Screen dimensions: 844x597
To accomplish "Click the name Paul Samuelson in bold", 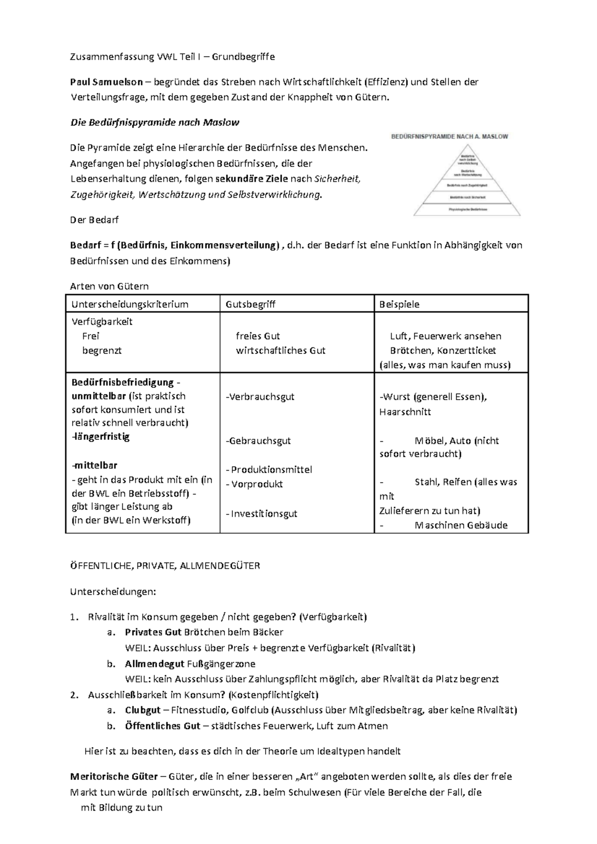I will click(x=106, y=82).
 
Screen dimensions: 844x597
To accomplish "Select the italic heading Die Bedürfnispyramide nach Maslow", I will click(x=155, y=122).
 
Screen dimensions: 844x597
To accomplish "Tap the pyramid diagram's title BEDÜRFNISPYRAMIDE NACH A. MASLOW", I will click(x=450, y=136).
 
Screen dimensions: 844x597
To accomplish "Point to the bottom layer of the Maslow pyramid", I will click(x=467, y=210).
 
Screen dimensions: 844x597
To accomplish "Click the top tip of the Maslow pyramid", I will click(x=467, y=149).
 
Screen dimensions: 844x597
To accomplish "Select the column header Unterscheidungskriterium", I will click(x=130, y=304).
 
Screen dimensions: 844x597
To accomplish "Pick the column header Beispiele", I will click(x=399, y=304).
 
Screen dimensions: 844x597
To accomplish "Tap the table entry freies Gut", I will click(x=258, y=336).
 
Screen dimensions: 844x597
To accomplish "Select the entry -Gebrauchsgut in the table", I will click(x=258, y=441).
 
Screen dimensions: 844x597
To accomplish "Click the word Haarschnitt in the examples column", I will click(x=405, y=412).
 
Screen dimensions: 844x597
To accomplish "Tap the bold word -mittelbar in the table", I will click(x=95, y=466).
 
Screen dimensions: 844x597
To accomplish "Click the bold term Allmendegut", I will click(x=154, y=664).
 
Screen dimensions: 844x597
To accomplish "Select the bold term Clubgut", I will click(x=143, y=710).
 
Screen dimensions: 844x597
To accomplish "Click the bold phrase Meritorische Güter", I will click(x=114, y=776).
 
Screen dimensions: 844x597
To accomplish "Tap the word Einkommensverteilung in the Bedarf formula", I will click(x=228, y=246).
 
